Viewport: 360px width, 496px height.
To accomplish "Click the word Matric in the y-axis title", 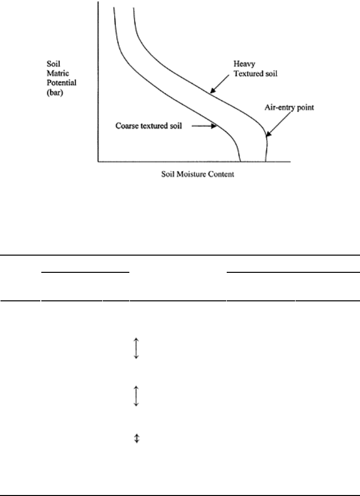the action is click(x=58, y=73).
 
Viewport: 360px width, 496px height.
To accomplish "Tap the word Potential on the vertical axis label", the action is click(x=61, y=83).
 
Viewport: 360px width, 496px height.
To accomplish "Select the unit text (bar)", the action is click(x=55, y=93).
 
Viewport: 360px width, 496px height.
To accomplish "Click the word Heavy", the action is click(x=244, y=64).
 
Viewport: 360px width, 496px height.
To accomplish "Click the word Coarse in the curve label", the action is click(x=126, y=126).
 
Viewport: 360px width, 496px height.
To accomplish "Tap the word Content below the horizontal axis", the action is click(x=223, y=174).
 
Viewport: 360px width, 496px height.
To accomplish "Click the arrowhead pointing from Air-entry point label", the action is click(x=268, y=134).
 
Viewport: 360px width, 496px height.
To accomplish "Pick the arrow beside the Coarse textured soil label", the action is click(x=204, y=126).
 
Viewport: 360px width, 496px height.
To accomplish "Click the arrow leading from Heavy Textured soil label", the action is click(x=219, y=84).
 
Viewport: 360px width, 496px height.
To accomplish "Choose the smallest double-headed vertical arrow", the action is click(x=137, y=438).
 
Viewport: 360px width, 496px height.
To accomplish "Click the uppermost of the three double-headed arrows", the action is click(x=136, y=348).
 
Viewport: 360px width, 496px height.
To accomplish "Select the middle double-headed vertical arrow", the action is click(x=136, y=396).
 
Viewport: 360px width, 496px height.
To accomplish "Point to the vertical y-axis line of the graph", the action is click(x=98, y=82).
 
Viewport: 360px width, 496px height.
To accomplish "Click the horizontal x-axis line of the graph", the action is click(x=194, y=162).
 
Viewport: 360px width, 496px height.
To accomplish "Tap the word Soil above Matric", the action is click(x=53, y=64).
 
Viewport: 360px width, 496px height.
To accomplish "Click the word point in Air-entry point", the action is click(x=305, y=108).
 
